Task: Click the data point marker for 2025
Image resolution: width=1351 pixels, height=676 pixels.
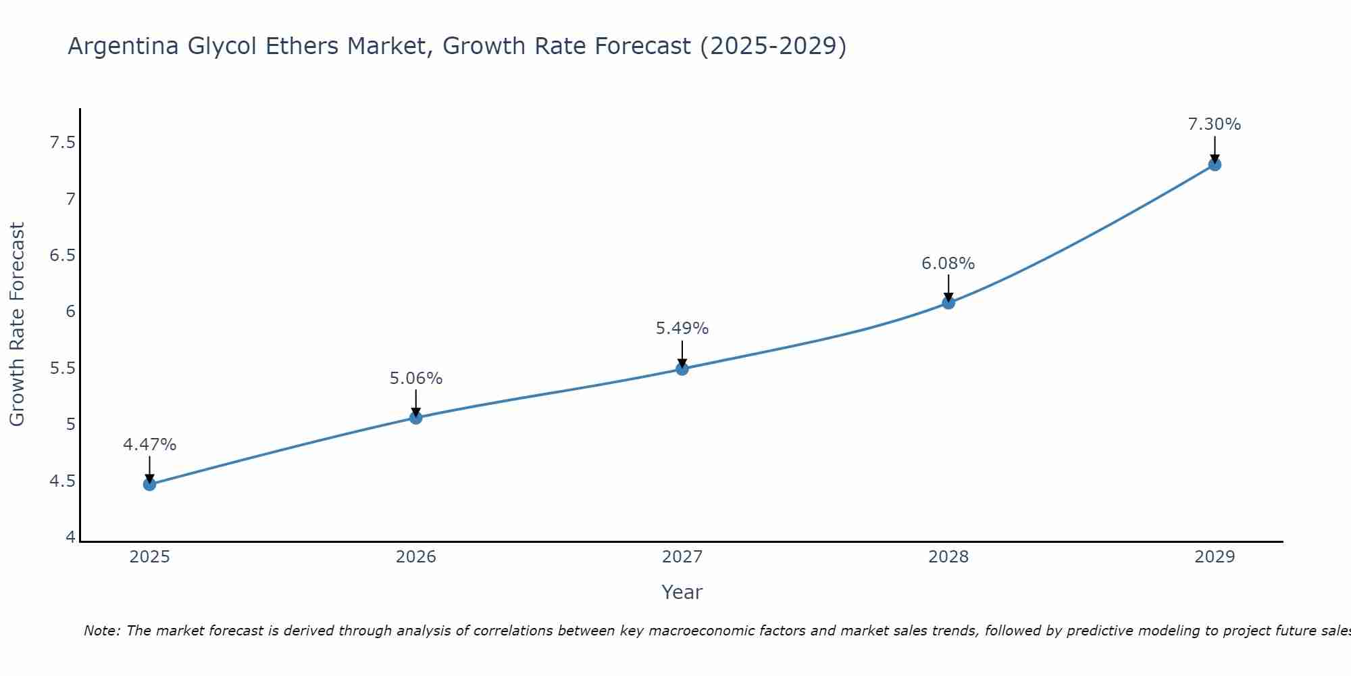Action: pos(149,484)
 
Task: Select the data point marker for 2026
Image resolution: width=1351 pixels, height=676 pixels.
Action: pos(415,418)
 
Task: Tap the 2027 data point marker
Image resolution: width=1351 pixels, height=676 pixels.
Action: pos(682,368)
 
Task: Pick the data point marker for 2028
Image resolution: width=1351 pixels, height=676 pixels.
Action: pos(948,302)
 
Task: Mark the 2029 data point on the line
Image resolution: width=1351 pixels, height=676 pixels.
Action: pos(1215,164)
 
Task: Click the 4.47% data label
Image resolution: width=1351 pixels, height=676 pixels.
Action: pos(149,445)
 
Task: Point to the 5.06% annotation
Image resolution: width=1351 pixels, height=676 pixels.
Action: pos(415,379)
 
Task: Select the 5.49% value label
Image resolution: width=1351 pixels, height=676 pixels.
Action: pos(682,329)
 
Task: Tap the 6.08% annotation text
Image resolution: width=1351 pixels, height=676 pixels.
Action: pos(948,264)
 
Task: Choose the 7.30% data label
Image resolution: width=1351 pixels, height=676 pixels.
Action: pos(1215,124)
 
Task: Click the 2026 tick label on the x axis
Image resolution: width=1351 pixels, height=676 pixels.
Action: pos(415,557)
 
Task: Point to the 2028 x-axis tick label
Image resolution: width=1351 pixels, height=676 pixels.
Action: pos(948,557)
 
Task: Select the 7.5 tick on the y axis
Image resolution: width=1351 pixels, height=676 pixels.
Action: pos(62,143)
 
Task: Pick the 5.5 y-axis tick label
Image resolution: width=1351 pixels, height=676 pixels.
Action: pos(62,368)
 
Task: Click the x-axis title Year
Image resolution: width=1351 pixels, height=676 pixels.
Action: pos(682,592)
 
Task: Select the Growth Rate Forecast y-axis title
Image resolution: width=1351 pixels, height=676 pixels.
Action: pos(17,324)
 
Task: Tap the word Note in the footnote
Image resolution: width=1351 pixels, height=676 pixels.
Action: pos(101,631)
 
